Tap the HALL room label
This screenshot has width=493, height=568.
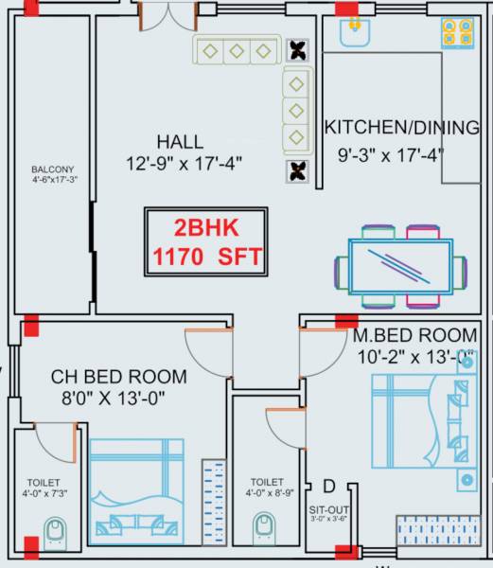click(179, 141)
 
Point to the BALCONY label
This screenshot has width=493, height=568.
click(52, 170)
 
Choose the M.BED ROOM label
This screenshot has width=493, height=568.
click(414, 336)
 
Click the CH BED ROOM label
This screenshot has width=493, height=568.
click(118, 377)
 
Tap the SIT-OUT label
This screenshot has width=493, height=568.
click(327, 507)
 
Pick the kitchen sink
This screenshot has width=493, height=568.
click(354, 34)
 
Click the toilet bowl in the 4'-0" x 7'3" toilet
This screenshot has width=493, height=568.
click(56, 531)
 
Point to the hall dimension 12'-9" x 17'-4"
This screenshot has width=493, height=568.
click(185, 164)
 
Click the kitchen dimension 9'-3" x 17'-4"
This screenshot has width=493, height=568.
click(391, 153)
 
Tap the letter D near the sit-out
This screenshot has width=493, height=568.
click(328, 487)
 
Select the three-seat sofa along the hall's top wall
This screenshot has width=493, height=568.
click(237, 49)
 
